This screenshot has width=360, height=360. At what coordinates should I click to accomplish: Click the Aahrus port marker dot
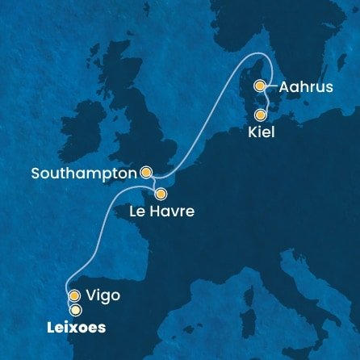(x=260, y=86)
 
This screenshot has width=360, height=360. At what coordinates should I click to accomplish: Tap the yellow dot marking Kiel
(x=260, y=115)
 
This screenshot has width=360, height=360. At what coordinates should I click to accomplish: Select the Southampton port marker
(x=146, y=172)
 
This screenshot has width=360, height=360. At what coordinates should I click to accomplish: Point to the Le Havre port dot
(x=161, y=194)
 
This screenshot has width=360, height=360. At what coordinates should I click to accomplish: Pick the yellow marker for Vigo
(x=75, y=295)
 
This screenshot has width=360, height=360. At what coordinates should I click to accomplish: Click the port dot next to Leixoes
(x=76, y=309)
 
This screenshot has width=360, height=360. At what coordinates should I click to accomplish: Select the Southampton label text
(x=84, y=173)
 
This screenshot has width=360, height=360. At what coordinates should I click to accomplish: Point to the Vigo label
(x=103, y=295)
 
